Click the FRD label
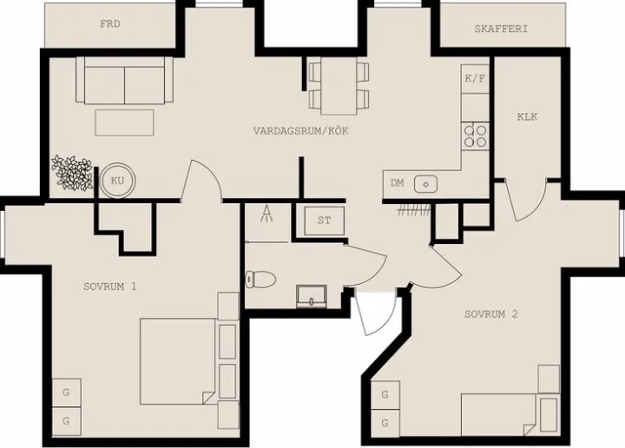point(110,24)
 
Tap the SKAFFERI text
point(501,29)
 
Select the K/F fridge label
point(475,78)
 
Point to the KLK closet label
point(527,116)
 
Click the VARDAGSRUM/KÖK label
point(294,131)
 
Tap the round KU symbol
point(117,181)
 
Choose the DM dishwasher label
point(398,183)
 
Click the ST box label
point(324,221)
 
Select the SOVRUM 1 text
point(110,286)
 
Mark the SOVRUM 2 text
point(490,314)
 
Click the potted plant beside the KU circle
point(73,171)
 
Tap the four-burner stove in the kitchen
point(475,135)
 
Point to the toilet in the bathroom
point(260,279)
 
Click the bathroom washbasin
point(310,295)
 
